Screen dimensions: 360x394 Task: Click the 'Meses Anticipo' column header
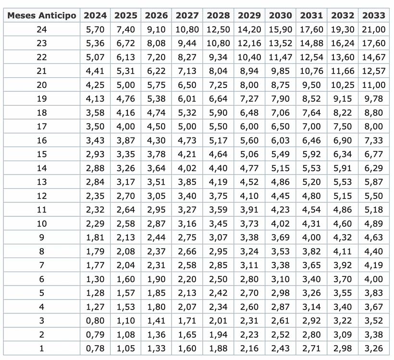[42, 15]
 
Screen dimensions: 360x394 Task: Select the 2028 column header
[218, 15]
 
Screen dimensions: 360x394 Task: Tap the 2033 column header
[373, 15]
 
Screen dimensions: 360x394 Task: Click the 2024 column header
[95, 15]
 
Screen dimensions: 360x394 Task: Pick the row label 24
[42, 29]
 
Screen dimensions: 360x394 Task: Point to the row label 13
[42, 182]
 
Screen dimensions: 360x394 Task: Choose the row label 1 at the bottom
[42, 348]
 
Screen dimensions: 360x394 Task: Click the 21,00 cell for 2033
[373, 29]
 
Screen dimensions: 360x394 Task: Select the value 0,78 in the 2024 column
[95, 348]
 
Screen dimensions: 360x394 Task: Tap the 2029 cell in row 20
[249, 85]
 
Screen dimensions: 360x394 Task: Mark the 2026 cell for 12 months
[157, 196]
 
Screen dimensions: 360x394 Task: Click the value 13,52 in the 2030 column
[280, 43]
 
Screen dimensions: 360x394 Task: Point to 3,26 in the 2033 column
[373, 348]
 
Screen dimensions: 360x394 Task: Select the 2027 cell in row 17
[187, 126]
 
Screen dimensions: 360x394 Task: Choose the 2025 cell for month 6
[126, 279]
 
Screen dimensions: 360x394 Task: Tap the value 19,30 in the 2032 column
[342, 29]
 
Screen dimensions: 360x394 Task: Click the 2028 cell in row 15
[218, 154]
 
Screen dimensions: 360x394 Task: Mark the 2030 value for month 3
[280, 321]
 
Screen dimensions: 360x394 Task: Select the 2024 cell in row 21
[95, 71]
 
